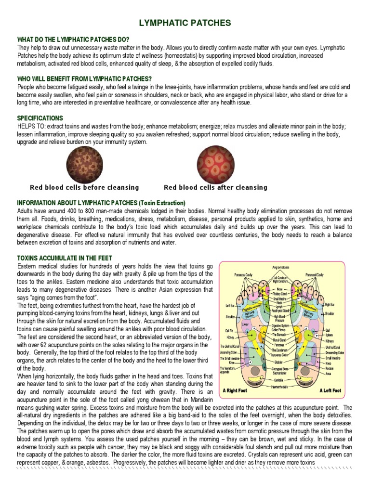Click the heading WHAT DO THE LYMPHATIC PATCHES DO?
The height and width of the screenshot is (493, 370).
[x=73, y=39]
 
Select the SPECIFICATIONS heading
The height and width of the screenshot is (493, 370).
[x=40, y=118]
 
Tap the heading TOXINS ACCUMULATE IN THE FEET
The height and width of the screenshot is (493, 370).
[x=65, y=258]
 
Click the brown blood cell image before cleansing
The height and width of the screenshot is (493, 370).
[x=84, y=164]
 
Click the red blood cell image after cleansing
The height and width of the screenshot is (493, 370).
[x=215, y=164]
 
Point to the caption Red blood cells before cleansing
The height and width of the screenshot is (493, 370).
[x=84, y=187]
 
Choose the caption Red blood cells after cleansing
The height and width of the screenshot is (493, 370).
[x=215, y=187]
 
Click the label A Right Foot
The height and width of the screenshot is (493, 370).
[x=235, y=390]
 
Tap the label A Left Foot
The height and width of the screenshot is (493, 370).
[x=330, y=390]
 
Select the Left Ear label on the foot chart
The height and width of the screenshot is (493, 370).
[x=230, y=305]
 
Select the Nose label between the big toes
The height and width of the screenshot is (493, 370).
[x=280, y=289]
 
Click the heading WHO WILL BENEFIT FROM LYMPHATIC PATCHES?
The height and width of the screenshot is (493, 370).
[x=85, y=78]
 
